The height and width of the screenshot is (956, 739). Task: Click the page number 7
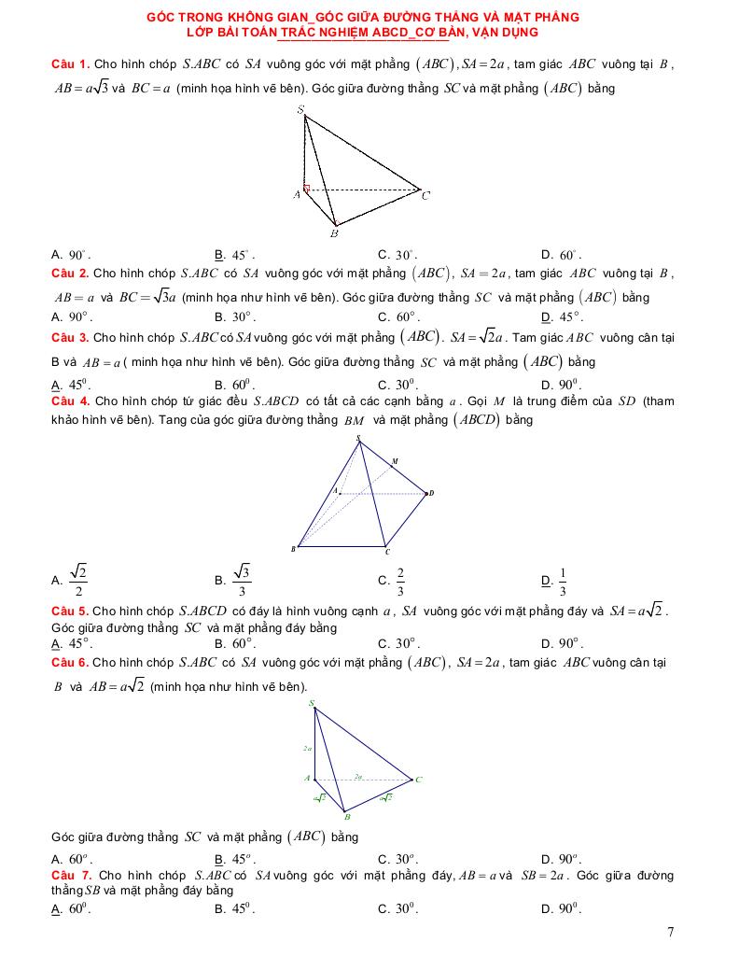pyautogui.click(x=671, y=931)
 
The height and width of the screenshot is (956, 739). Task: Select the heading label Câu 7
pyautogui.click(x=71, y=875)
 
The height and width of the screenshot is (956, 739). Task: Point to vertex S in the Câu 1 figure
pyautogui.click(x=300, y=110)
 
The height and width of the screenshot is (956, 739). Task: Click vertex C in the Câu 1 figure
pyautogui.click(x=425, y=196)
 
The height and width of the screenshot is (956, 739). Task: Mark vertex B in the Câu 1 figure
pyautogui.click(x=334, y=233)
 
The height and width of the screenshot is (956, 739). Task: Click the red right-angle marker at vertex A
pyautogui.click(x=306, y=188)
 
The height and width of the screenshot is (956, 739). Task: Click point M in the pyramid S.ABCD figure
pyautogui.click(x=394, y=461)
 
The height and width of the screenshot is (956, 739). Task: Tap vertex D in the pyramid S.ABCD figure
pyautogui.click(x=431, y=492)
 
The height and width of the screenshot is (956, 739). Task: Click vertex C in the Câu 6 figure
pyautogui.click(x=419, y=779)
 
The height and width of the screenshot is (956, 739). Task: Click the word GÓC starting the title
pyautogui.click(x=161, y=17)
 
